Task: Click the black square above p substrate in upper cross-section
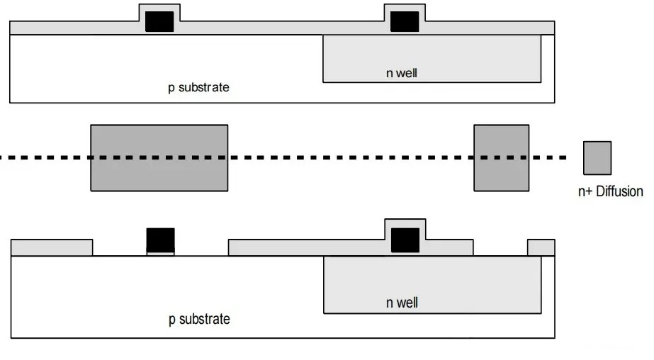click(x=159, y=21)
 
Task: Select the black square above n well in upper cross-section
click(x=405, y=21)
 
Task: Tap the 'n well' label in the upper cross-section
click(x=402, y=72)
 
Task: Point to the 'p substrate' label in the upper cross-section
click(x=199, y=88)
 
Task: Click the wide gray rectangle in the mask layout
click(x=159, y=157)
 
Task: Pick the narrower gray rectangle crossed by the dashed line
click(x=501, y=157)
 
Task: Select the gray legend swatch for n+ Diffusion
click(x=597, y=157)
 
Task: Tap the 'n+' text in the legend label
click(x=586, y=191)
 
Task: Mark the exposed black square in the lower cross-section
click(x=160, y=240)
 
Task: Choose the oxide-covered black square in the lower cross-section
click(x=405, y=240)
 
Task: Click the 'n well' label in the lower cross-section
click(x=402, y=303)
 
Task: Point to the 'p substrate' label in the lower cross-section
click(x=199, y=319)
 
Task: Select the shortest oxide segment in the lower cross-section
click(x=541, y=247)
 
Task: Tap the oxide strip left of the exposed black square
click(x=52, y=247)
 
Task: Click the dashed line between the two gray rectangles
click(x=351, y=157)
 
